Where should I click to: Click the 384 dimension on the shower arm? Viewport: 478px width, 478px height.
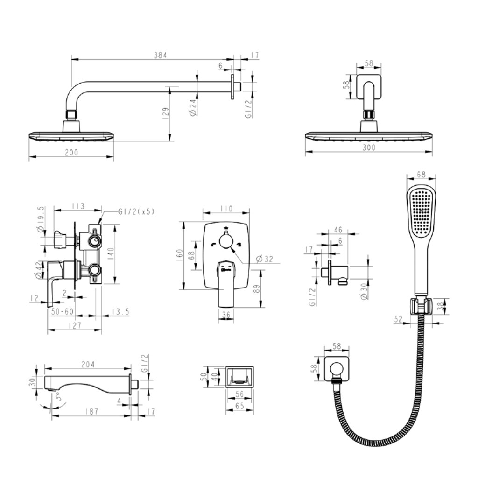click(161, 55)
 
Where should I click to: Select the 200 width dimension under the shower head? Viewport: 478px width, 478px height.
click(71, 152)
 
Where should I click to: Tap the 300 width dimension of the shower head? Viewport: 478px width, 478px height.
click(369, 148)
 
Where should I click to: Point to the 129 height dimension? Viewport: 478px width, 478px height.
click(166, 113)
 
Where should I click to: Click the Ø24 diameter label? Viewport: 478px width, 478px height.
click(193, 107)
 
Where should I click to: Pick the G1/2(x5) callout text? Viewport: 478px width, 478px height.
click(136, 211)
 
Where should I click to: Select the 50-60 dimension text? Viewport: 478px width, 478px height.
click(63, 311)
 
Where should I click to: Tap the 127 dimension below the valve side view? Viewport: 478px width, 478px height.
click(75, 325)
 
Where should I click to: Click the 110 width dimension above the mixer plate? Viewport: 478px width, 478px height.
click(226, 209)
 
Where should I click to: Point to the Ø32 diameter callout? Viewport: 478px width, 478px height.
click(264, 259)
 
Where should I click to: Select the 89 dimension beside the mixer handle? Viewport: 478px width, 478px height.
click(256, 288)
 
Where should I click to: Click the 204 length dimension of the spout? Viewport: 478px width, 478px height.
click(88, 364)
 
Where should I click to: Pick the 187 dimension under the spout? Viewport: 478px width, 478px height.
click(92, 412)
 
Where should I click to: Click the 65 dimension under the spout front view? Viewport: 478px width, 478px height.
click(239, 406)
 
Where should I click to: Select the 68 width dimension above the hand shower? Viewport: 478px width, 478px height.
click(421, 175)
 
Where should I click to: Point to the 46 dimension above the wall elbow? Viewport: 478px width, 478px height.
click(338, 230)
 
